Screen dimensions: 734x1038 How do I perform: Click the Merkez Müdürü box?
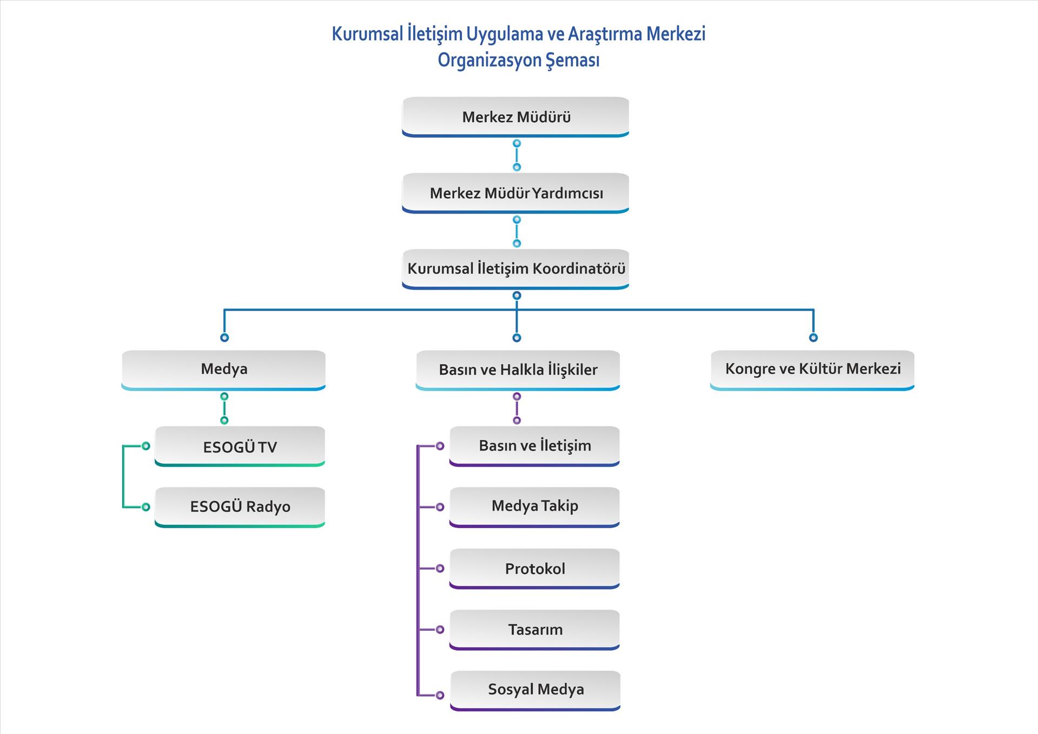[x=515, y=116]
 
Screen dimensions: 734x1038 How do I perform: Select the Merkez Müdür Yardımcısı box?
[x=515, y=193]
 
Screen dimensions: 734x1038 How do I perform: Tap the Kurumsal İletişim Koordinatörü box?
[x=515, y=268]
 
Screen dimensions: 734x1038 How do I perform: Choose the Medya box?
[x=223, y=369]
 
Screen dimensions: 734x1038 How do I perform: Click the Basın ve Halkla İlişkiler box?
[x=518, y=369]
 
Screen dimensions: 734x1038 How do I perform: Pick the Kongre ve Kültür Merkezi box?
[x=812, y=369]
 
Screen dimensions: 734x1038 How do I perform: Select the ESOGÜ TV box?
[x=240, y=446]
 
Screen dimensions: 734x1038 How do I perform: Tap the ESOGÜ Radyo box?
[x=240, y=507]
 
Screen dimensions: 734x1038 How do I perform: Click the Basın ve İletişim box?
[x=534, y=446]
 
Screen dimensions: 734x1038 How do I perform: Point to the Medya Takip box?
[x=534, y=506]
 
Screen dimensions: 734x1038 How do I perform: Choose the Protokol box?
[x=534, y=568]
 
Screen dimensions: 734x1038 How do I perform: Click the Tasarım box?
[x=534, y=630]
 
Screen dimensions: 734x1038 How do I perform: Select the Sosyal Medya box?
[x=535, y=690]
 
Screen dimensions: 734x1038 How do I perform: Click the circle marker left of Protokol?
[x=440, y=568]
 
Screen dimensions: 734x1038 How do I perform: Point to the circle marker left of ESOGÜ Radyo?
[x=146, y=507]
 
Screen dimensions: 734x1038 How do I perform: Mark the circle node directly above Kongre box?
[x=813, y=338]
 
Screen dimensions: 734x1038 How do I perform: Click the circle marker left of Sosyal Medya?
[x=440, y=695]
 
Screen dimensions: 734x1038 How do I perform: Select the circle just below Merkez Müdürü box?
[x=517, y=143]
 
